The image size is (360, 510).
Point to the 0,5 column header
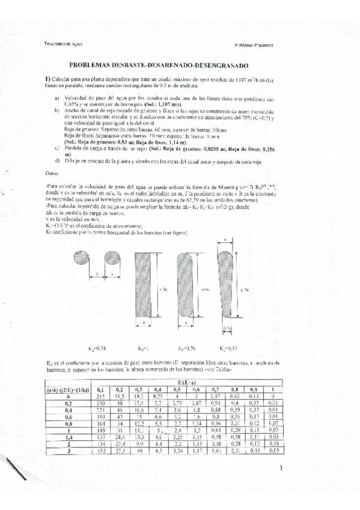(175, 389)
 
